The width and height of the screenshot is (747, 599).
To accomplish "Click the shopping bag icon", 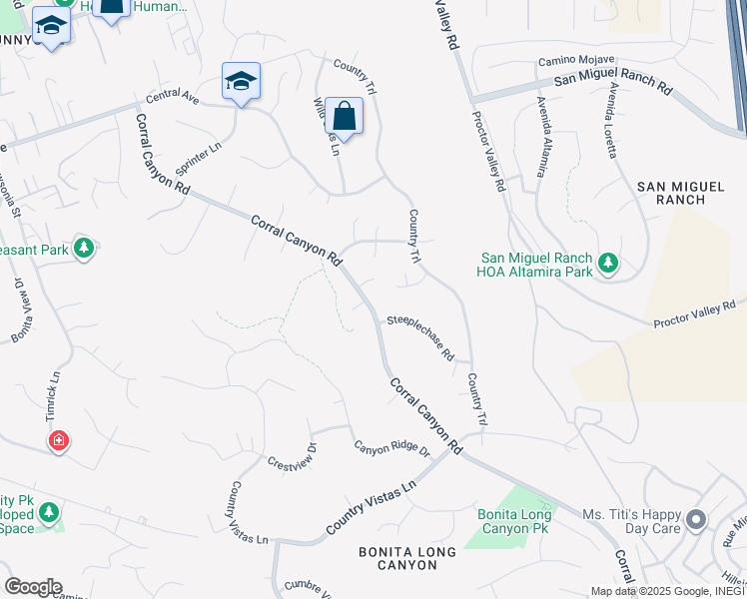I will [344, 117].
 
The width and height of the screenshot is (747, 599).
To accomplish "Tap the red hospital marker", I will [59, 440].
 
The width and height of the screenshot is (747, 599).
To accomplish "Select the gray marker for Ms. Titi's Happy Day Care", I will [696, 520].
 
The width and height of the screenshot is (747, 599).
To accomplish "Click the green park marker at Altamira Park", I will [608, 264].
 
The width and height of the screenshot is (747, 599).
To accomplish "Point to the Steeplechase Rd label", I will [420, 339].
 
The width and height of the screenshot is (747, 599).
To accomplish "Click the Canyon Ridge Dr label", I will [390, 450].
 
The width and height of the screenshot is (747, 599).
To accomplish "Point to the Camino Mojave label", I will [576, 61].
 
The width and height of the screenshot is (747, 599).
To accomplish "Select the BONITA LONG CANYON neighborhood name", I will [407, 558].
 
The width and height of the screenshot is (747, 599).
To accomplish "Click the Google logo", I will [33, 586].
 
